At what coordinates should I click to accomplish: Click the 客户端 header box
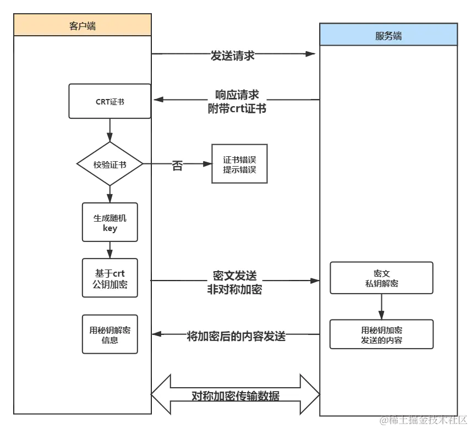coord(83,25)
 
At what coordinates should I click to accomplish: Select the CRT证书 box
coord(109,101)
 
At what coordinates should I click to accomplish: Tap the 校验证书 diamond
coord(109,164)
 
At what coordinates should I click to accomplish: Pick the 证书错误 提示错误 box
coord(239,164)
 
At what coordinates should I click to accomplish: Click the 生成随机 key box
coord(109,222)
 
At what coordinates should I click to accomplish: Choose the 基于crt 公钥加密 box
coord(109,278)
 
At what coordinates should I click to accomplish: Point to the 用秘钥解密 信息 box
coord(109,335)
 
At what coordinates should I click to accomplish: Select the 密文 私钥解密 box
coord(381,278)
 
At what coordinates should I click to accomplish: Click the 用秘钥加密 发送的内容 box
coord(381,335)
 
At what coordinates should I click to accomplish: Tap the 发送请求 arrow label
coord(232,55)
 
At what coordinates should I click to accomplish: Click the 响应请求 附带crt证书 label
coord(237,101)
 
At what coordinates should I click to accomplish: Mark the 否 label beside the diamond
coord(177,166)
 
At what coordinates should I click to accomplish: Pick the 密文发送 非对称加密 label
coord(235,281)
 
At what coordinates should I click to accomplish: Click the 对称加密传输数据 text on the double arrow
coord(235,395)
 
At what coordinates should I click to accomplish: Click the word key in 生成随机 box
coord(109,228)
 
